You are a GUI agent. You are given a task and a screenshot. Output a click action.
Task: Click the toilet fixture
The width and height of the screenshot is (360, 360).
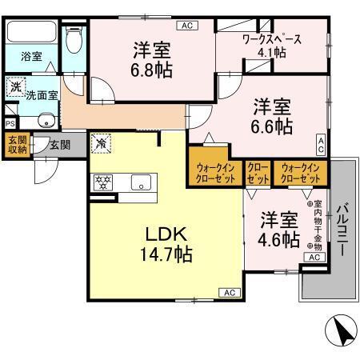pyautogui.click(x=74, y=39)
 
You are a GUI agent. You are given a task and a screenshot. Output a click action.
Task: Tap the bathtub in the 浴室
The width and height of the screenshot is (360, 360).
pyautogui.click(x=32, y=31)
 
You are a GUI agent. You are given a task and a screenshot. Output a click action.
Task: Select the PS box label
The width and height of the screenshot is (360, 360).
pyautogui.click(x=10, y=124)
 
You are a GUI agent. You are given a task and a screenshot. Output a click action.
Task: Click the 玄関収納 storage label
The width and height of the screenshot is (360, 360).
pyautogui.click(x=18, y=145)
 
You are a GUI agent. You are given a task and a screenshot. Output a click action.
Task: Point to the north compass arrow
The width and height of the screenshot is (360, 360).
pyautogui.click(x=341, y=330)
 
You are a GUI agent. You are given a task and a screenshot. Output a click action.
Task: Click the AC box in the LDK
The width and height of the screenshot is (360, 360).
pyautogui.click(x=230, y=293)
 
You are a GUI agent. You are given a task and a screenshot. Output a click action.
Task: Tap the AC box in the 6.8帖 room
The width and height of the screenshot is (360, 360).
pyautogui.click(x=187, y=26)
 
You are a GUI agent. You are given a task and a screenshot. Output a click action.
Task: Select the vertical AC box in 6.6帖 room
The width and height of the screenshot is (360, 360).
pyautogui.click(x=321, y=145)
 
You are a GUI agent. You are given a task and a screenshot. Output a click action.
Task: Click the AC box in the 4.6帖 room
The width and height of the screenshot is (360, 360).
pyautogui.click(x=314, y=257)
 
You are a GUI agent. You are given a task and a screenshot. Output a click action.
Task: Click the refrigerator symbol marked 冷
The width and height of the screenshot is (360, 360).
pyautogui.click(x=101, y=143)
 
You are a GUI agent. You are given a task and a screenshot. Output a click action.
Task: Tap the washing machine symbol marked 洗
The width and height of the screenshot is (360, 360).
pyautogui.click(x=15, y=86)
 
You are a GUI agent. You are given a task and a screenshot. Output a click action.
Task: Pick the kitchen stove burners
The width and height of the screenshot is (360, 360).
pyautogui.click(x=102, y=182)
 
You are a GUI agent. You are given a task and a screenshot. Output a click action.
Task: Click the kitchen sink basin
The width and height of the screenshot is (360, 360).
pyautogui.click(x=141, y=182)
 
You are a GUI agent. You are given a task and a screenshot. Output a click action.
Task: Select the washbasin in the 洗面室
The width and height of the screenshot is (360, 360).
pyautogui.click(x=48, y=121)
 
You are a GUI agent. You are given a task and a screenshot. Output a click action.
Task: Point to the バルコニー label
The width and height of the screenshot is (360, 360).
pyautogui.click(x=343, y=230)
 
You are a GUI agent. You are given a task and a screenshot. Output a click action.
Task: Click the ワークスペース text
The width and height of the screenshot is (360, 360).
pyautogui.click(x=272, y=39)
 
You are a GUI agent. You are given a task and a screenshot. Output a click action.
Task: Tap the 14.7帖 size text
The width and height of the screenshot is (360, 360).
pyautogui.click(x=166, y=254)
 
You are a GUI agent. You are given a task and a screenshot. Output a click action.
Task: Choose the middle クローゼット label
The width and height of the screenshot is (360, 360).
pyautogui.click(x=258, y=174)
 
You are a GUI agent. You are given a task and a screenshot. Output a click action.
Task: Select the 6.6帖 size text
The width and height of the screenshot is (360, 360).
pyautogui.click(x=272, y=126)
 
